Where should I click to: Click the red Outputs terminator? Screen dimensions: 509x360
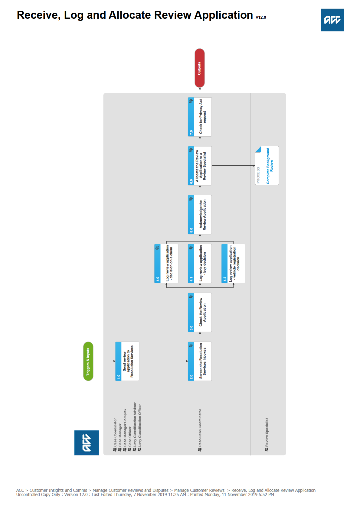199,68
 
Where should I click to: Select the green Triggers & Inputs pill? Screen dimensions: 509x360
88,361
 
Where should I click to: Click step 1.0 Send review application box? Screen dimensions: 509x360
127,361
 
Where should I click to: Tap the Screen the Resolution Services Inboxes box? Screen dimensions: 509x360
200,361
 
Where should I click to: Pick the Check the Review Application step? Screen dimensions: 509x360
200,312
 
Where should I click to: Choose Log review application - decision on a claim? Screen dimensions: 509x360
166,263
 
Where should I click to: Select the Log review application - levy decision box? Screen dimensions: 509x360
200,263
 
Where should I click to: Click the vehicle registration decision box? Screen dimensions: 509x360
233,263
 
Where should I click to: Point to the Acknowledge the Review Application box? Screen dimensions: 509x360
200,215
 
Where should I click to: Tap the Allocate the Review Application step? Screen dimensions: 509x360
200,166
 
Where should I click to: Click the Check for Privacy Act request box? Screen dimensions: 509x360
200,117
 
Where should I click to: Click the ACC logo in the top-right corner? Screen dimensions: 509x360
332,20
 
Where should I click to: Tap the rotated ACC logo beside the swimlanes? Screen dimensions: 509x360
87,443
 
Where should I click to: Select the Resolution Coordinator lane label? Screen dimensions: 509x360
200,429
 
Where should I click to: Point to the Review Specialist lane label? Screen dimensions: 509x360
267,434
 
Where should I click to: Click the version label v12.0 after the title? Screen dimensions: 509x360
261,17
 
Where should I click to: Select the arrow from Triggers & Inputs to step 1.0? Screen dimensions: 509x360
104,361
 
